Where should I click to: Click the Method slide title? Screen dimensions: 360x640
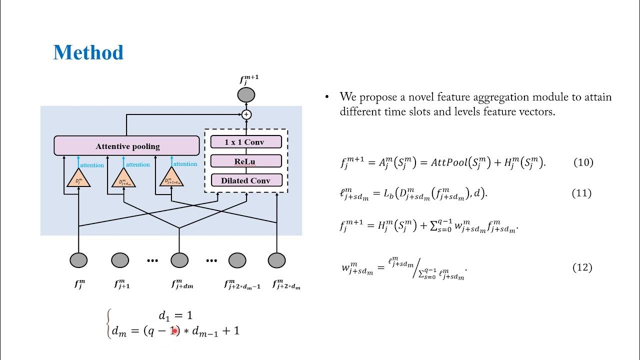coord(88,52)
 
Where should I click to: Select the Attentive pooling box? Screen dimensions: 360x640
coord(127,146)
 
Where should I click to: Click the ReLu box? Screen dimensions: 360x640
coord(245,161)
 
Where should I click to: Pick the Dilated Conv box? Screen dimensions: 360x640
coord(245,180)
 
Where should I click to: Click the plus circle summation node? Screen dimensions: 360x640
coord(246,114)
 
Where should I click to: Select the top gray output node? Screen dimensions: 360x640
coord(246,94)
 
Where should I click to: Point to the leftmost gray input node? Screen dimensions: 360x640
coord(78,260)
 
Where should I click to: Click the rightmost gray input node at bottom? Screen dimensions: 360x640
coord(276,260)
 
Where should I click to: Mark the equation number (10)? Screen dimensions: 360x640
coord(582,162)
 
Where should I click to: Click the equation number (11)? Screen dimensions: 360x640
coord(581,193)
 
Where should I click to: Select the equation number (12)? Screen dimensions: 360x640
coord(582,267)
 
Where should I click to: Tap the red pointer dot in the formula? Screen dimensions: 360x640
coord(174,330)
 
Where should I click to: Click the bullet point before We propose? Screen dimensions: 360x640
coord(327,97)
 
